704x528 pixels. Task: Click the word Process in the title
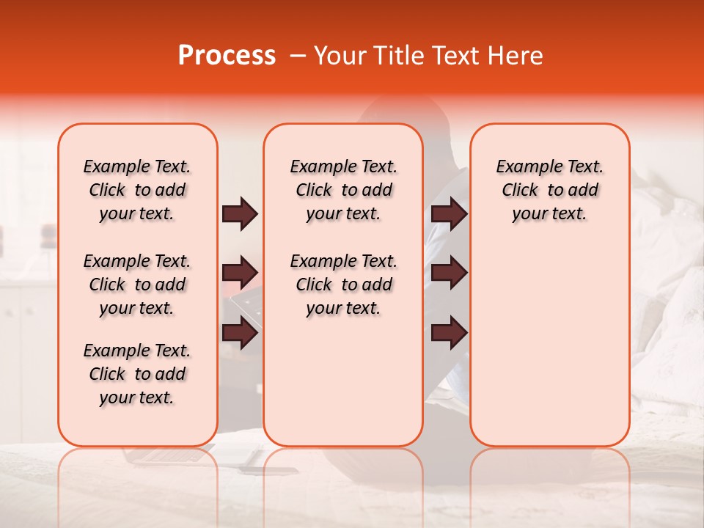point(226,56)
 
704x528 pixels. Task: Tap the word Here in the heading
point(515,56)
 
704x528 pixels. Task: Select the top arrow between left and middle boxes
point(240,214)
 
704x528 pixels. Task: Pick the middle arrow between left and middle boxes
point(240,273)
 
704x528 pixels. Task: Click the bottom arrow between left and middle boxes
point(240,334)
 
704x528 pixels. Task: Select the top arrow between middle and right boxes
point(449,214)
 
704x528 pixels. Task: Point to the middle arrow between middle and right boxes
point(449,273)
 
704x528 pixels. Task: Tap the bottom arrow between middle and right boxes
point(449,334)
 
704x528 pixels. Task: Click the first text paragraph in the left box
point(137,190)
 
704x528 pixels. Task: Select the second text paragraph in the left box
point(137,285)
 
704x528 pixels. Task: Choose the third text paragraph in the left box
point(137,374)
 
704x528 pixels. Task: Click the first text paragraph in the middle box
point(343,190)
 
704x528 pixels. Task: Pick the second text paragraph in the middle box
point(343,285)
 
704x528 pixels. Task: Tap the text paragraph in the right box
point(549,190)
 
